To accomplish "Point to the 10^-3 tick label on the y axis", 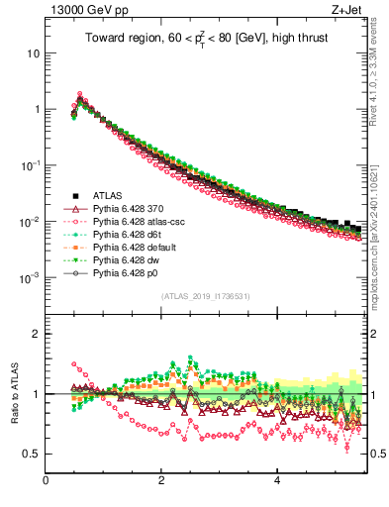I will tap(31, 278).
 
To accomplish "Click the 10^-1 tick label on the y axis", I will tap(31, 165).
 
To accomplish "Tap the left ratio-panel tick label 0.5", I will tap(31, 455).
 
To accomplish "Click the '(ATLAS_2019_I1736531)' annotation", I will tap(204, 296).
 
